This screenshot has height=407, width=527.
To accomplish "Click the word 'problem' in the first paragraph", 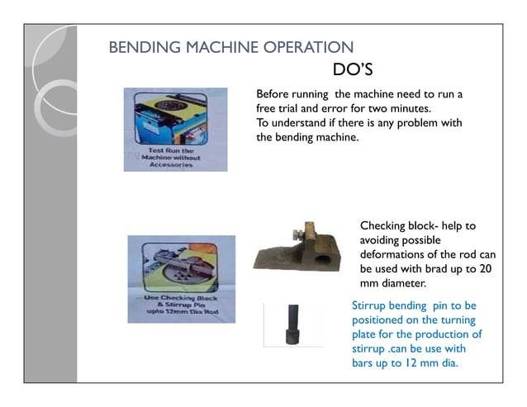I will (415, 123).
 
